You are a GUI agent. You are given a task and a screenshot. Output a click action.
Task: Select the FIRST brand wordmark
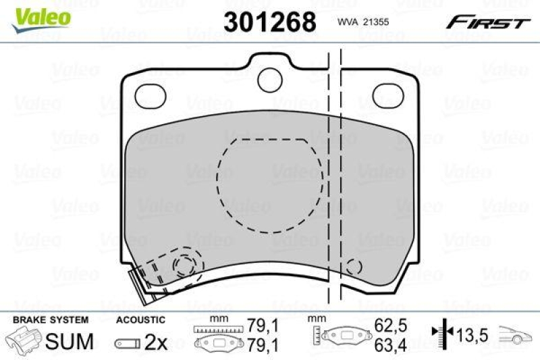pos(485,22)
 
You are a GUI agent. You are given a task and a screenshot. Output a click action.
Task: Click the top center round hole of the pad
pos(271,77)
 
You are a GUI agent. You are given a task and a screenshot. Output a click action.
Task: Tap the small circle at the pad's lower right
pos(353,268)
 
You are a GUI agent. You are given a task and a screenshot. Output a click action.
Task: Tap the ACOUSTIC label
pos(140,319)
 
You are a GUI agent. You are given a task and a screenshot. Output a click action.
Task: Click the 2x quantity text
pos(156,342)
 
